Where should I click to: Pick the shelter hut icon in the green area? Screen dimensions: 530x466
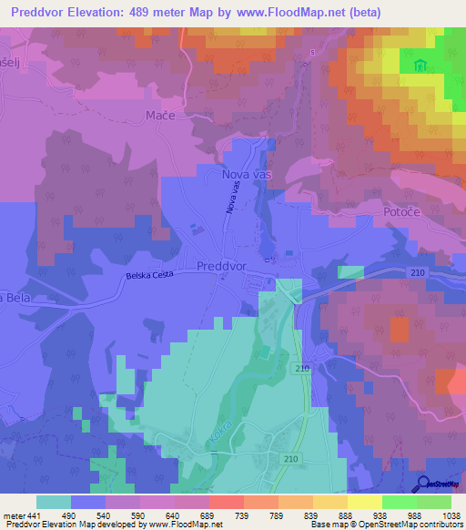click(420, 66)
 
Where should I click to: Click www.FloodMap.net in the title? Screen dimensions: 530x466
click(288, 12)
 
